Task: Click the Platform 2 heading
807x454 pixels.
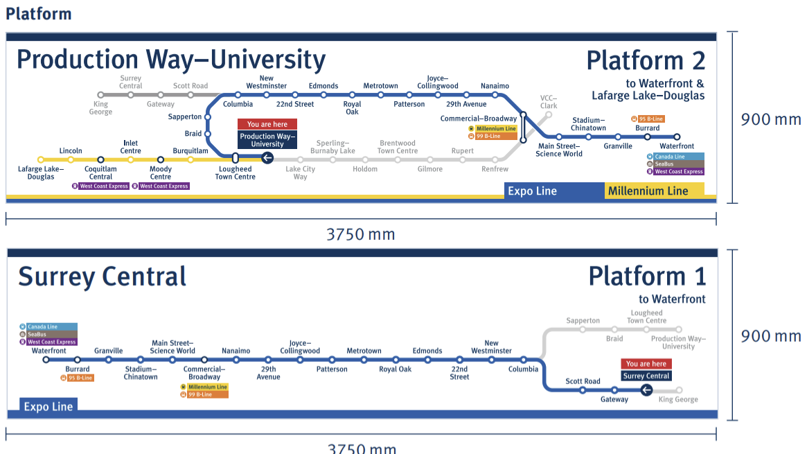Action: click(x=646, y=61)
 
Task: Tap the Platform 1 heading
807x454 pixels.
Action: click(x=647, y=277)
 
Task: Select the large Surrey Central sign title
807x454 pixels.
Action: click(x=103, y=277)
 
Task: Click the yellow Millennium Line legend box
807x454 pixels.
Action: click(x=654, y=191)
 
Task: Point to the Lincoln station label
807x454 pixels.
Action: click(x=71, y=150)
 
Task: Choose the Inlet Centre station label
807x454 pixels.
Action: click(x=131, y=147)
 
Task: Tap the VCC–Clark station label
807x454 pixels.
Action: click(x=549, y=102)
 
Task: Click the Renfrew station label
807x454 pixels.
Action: click(x=495, y=169)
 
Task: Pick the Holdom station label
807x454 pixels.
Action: click(x=365, y=169)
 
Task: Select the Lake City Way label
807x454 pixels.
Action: click(x=300, y=173)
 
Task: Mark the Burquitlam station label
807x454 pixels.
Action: click(x=190, y=150)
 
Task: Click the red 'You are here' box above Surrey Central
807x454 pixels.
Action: click(x=646, y=364)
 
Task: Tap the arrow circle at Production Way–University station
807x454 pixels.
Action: click(x=267, y=159)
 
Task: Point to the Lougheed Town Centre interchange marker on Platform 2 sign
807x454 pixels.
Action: click(x=236, y=159)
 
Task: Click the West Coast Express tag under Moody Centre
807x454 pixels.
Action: click(x=163, y=186)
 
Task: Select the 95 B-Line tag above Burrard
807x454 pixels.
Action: click(x=648, y=119)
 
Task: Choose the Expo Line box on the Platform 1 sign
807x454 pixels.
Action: click(x=48, y=407)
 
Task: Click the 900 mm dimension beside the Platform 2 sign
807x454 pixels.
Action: click(x=770, y=119)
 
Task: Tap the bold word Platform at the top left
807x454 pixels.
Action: click(x=39, y=13)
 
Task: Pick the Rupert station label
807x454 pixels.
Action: click(x=463, y=150)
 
